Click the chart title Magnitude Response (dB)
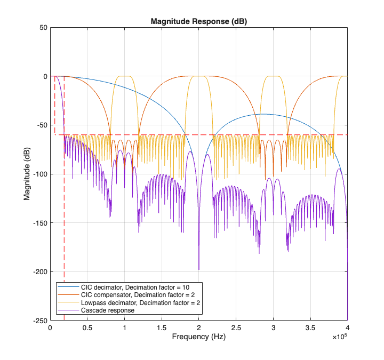(x=198, y=22)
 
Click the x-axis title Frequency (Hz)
(x=198, y=337)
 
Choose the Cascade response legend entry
(x=107, y=310)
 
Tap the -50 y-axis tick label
(x=40, y=125)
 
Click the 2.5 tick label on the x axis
(x=236, y=327)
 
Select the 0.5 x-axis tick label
(x=87, y=327)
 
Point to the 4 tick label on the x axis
(x=348, y=327)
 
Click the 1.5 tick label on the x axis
(x=161, y=327)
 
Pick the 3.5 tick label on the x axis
(x=310, y=327)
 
